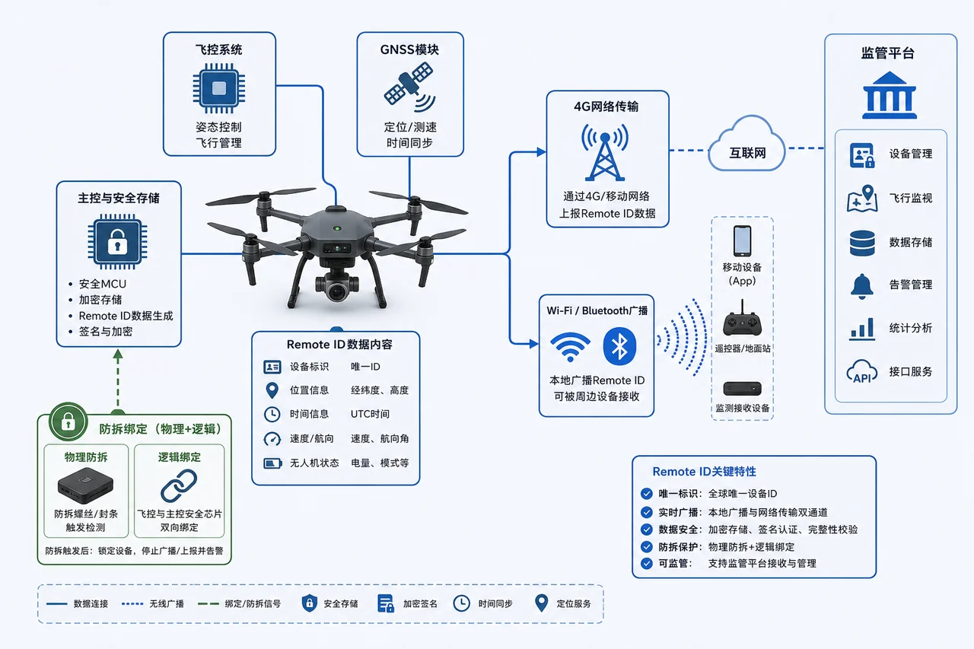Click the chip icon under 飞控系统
click(218, 88)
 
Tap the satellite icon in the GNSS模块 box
click(409, 87)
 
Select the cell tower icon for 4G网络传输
click(605, 152)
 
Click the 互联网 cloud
click(747, 145)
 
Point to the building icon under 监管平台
click(890, 95)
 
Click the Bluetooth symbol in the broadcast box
click(619, 346)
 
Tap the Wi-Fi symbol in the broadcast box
click(570, 347)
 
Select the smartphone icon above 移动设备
click(742, 241)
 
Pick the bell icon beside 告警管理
click(862, 287)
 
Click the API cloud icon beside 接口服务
click(862, 371)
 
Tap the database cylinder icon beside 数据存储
click(862, 243)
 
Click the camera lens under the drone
click(336, 291)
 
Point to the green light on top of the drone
click(337, 228)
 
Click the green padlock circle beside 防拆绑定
click(68, 422)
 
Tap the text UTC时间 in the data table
click(370, 414)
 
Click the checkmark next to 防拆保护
click(647, 546)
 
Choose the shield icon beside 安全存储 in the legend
click(309, 603)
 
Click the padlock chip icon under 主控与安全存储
click(117, 242)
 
